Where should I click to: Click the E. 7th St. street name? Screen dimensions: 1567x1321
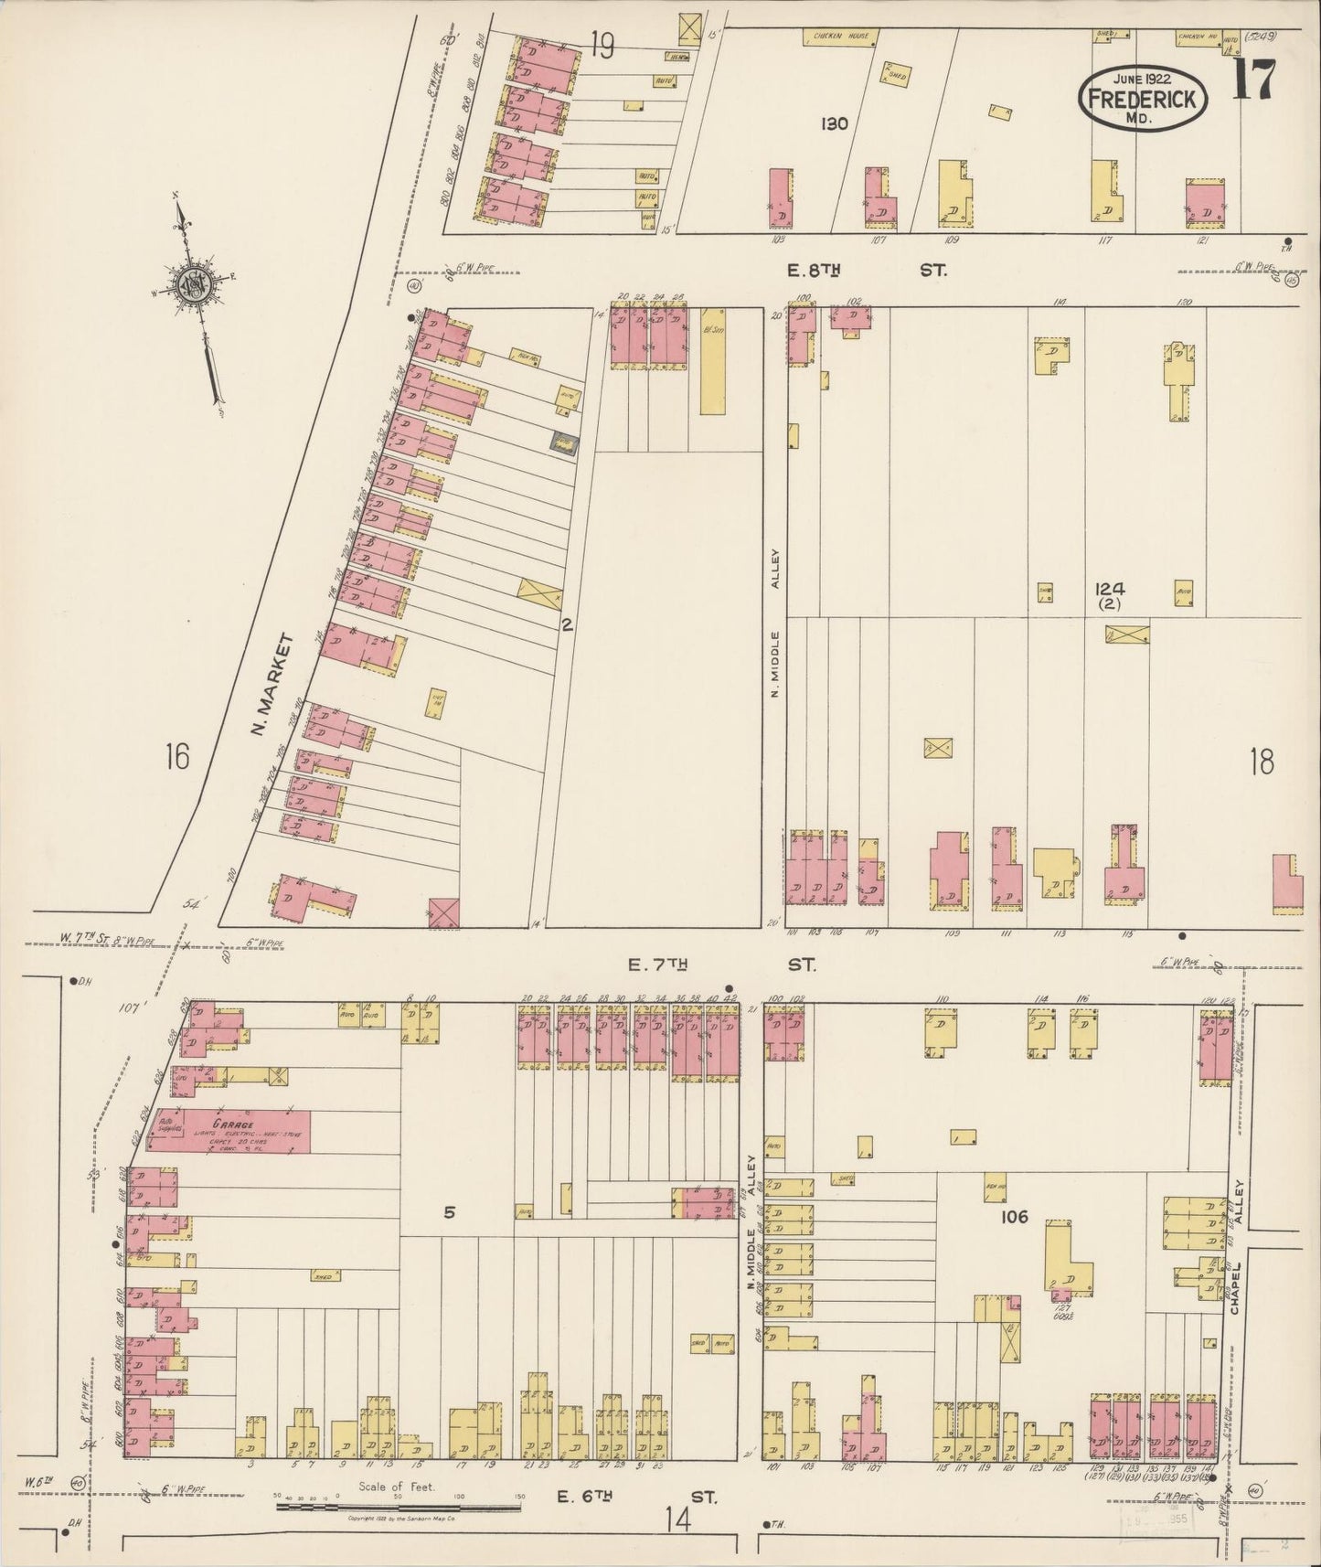point(722,965)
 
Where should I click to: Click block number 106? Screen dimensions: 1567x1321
point(1015,1217)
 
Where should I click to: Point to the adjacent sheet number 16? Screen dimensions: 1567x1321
point(177,757)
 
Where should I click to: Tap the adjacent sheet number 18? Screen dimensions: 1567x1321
point(1261,761)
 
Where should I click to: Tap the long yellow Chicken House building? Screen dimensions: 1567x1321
point(841,37)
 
